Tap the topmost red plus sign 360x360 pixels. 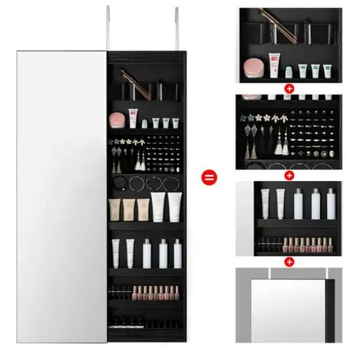289,88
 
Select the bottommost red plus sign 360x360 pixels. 289,262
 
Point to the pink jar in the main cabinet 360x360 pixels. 117,119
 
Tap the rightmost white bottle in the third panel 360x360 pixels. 331,204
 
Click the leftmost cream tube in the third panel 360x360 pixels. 265,203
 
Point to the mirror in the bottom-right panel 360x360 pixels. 288,308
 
